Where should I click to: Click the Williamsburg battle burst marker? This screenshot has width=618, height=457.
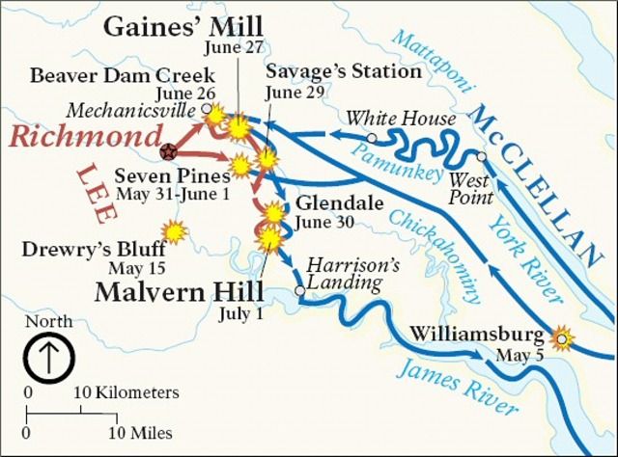(561, 337)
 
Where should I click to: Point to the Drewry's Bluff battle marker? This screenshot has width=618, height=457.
(174, 231)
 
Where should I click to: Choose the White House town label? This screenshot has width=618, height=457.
(401, 119)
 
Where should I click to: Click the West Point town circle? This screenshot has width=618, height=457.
(481, 156)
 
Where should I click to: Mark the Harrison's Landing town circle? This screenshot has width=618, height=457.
(300, 289)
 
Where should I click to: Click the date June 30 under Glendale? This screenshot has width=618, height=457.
(323, 222)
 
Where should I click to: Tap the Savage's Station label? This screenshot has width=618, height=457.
(344, 72)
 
